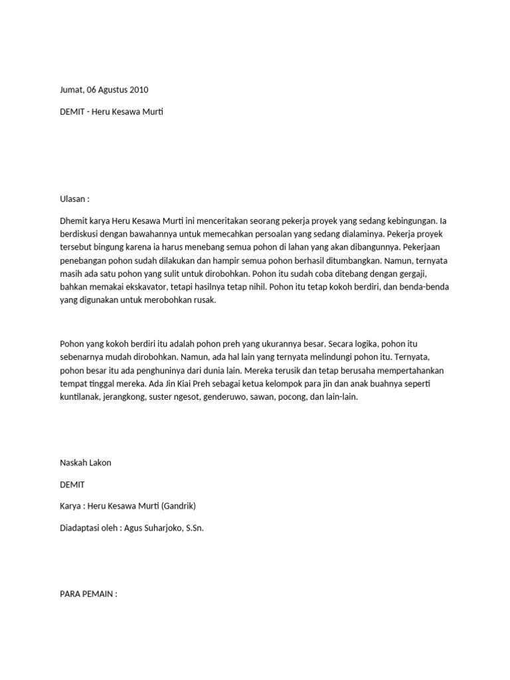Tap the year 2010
[x=138, y=89]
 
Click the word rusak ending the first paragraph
[x=205, y=300]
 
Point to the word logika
[x=368, y=345]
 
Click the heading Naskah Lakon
[x=86, y=463]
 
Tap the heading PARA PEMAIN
[x=88, y=594]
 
